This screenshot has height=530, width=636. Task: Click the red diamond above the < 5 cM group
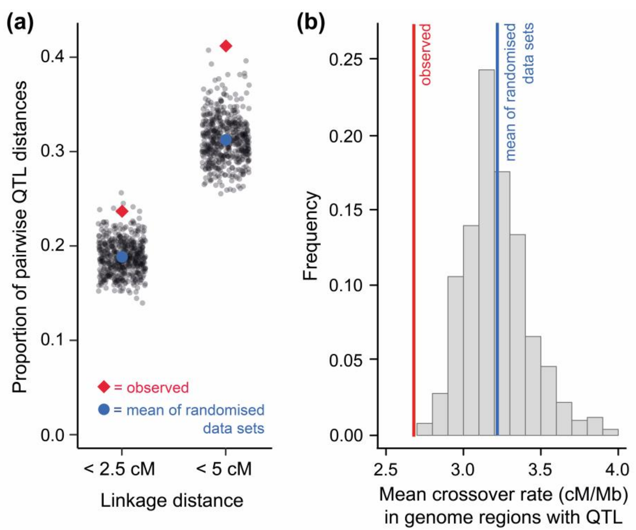tap(226, 46)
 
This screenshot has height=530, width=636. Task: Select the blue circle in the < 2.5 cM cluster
tap(122, 257)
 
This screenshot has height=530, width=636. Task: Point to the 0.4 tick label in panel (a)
tap(53, 57)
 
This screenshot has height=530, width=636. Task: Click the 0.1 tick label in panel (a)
tap(53, 340)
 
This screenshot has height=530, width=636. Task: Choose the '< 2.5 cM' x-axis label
tap(119, 469)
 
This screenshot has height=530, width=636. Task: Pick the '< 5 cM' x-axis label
tap(224, 469)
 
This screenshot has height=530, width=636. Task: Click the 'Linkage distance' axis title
tap(172, 500)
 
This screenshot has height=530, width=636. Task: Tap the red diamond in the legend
tap(104, 387)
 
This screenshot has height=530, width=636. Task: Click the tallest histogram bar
tap(487, 251)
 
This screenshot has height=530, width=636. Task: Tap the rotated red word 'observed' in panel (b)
tap(426, 55)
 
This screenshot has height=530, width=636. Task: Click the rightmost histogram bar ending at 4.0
tap(610, 432)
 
